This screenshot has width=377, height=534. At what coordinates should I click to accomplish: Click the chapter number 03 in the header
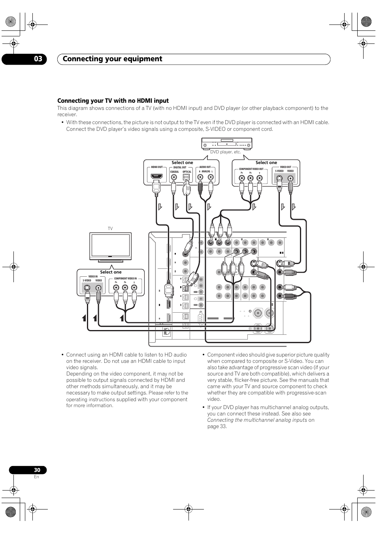[38, 59]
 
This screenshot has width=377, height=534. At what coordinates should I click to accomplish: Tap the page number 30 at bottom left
[37, 470]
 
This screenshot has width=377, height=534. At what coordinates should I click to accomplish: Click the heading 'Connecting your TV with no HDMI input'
[113, 101]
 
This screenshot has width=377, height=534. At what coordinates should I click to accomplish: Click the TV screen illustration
[110, 245]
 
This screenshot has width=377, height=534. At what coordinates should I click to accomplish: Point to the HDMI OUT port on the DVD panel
[156, 176]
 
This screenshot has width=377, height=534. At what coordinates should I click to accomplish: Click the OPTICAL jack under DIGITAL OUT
[187, 177]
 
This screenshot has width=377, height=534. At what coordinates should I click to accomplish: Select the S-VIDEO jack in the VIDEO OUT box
[280, 177]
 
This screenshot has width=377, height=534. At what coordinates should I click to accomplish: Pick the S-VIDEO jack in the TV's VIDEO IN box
[87, 287]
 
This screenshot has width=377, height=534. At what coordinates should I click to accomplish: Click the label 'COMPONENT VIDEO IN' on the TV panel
[125, 279]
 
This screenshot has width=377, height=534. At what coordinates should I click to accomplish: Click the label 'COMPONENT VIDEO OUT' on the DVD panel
[251, 169]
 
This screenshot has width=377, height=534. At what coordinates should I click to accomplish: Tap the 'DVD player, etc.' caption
[225, 152]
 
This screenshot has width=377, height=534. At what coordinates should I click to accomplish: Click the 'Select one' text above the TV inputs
[111, 272]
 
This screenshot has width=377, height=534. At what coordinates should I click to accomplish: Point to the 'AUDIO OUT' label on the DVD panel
[205, 167]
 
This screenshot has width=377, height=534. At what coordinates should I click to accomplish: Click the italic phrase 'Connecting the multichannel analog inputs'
[257, 420]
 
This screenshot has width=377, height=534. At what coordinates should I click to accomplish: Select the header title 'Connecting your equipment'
[112, 59]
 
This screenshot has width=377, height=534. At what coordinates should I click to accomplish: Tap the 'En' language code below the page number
[36, 477]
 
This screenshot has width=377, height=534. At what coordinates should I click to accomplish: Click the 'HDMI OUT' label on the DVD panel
[157, 167]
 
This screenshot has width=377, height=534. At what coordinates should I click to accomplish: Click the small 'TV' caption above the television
[110, 229]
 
